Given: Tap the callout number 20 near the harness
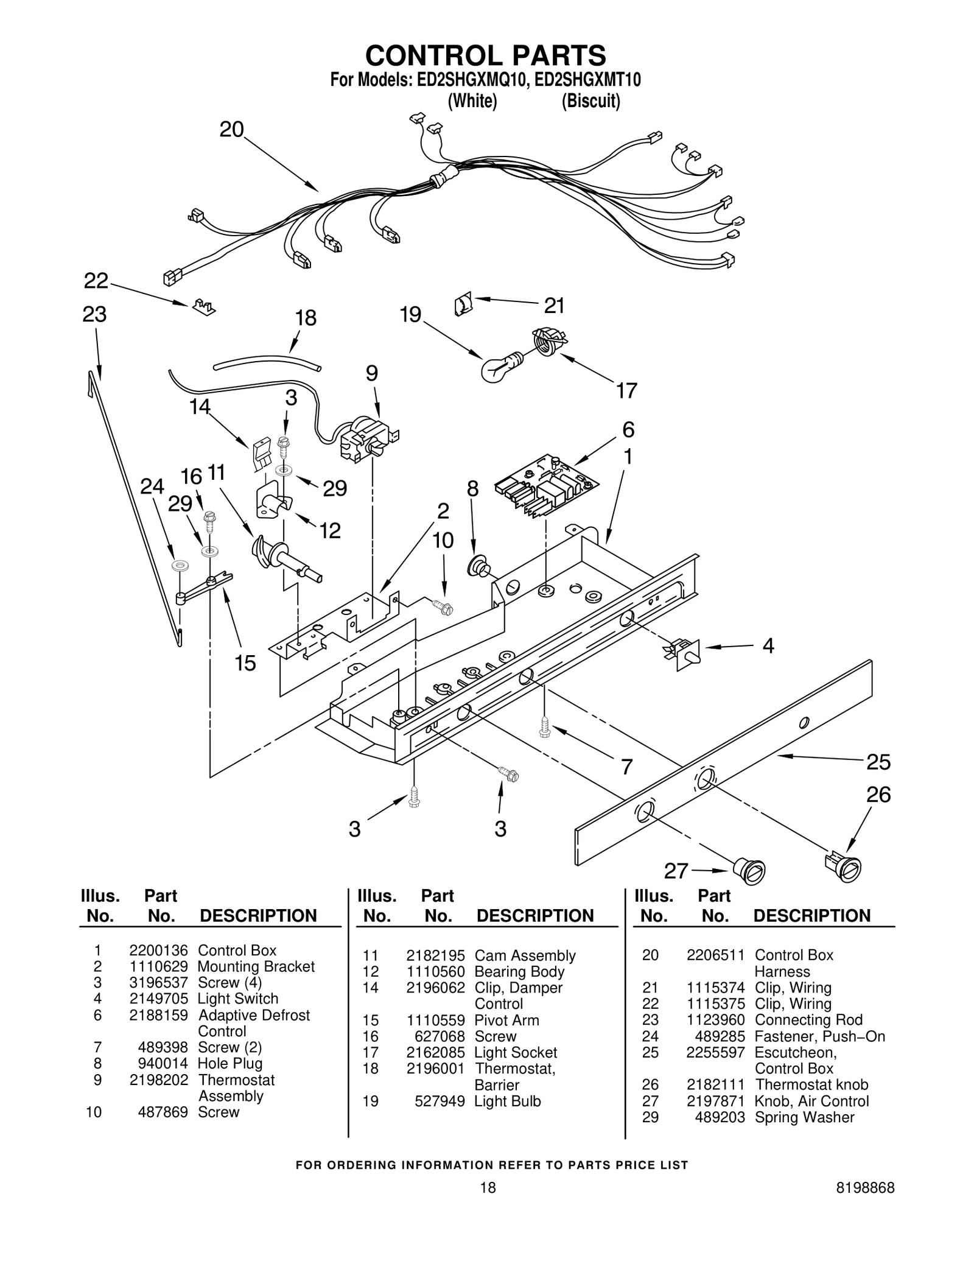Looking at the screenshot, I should (x=231, y=130).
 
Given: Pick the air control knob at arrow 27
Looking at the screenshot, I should (x=749, y=869).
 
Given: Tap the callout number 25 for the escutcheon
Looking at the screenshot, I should (x=878, y=761).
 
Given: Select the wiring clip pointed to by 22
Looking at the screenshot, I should (x=203, y=307).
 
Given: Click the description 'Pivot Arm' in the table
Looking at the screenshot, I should (x=506, y=1020).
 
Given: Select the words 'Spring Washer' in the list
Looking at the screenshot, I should (x=804, y=1117).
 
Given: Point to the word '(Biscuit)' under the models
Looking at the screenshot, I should (x=590, y=100).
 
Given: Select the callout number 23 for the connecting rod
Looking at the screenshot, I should (x=94, y=314).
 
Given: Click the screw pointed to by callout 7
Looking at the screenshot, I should (x=544, y=726).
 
